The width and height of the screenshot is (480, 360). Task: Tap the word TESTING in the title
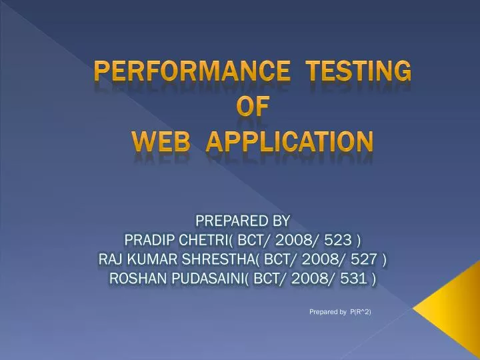363,70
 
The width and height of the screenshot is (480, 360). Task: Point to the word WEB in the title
160,141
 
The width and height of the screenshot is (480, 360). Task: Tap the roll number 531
354,279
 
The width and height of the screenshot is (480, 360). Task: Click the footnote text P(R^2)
360,312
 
